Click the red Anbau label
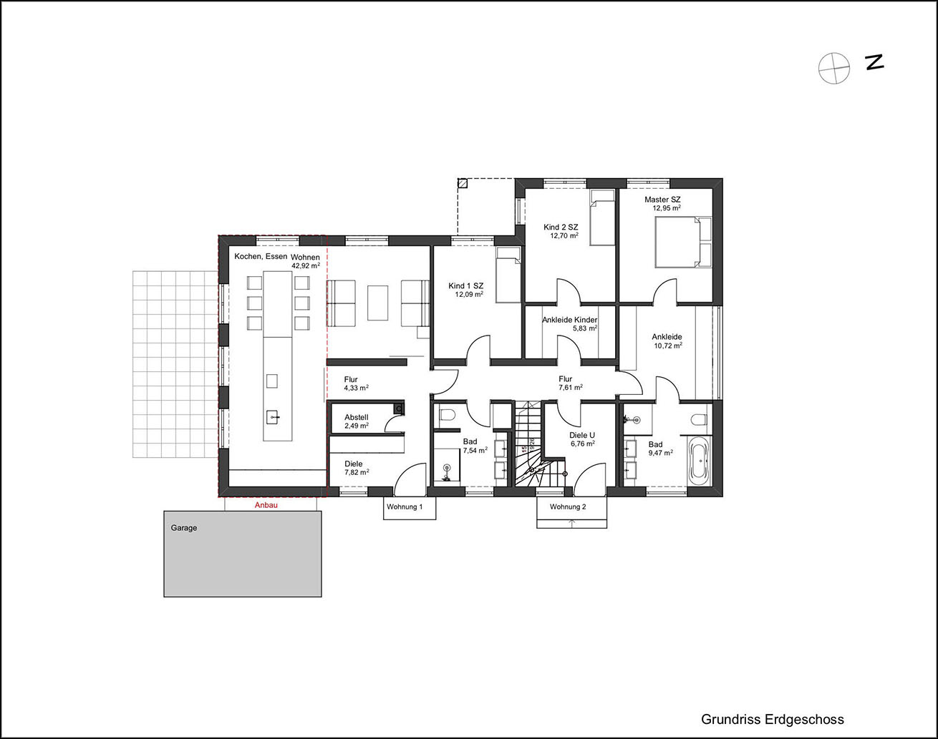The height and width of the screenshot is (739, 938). point(266,505)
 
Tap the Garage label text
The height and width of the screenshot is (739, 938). point(183,528)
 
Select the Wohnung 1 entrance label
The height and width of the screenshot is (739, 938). point(405,507)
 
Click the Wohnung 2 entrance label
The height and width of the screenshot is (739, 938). point(568,507)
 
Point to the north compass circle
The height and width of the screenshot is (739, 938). point(834,69)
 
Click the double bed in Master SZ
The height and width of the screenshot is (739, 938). point(683,242)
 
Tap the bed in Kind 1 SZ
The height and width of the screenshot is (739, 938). point(508,275)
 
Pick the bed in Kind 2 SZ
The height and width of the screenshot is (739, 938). point(602,217)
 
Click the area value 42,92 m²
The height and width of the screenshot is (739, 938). point(306,265)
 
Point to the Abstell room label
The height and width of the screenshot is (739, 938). point(356,417)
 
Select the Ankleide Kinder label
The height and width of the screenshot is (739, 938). point(570,320)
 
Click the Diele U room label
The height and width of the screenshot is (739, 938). point(582,435)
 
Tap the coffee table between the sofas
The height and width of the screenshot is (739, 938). point(377,303)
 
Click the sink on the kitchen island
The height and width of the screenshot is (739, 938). point(273,417)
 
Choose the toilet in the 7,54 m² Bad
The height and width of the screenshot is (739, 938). point(446,415)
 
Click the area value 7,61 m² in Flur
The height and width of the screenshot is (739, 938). point(571,387)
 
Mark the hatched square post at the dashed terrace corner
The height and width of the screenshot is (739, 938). point(463,183)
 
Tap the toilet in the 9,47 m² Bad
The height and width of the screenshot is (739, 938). point(699,419)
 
